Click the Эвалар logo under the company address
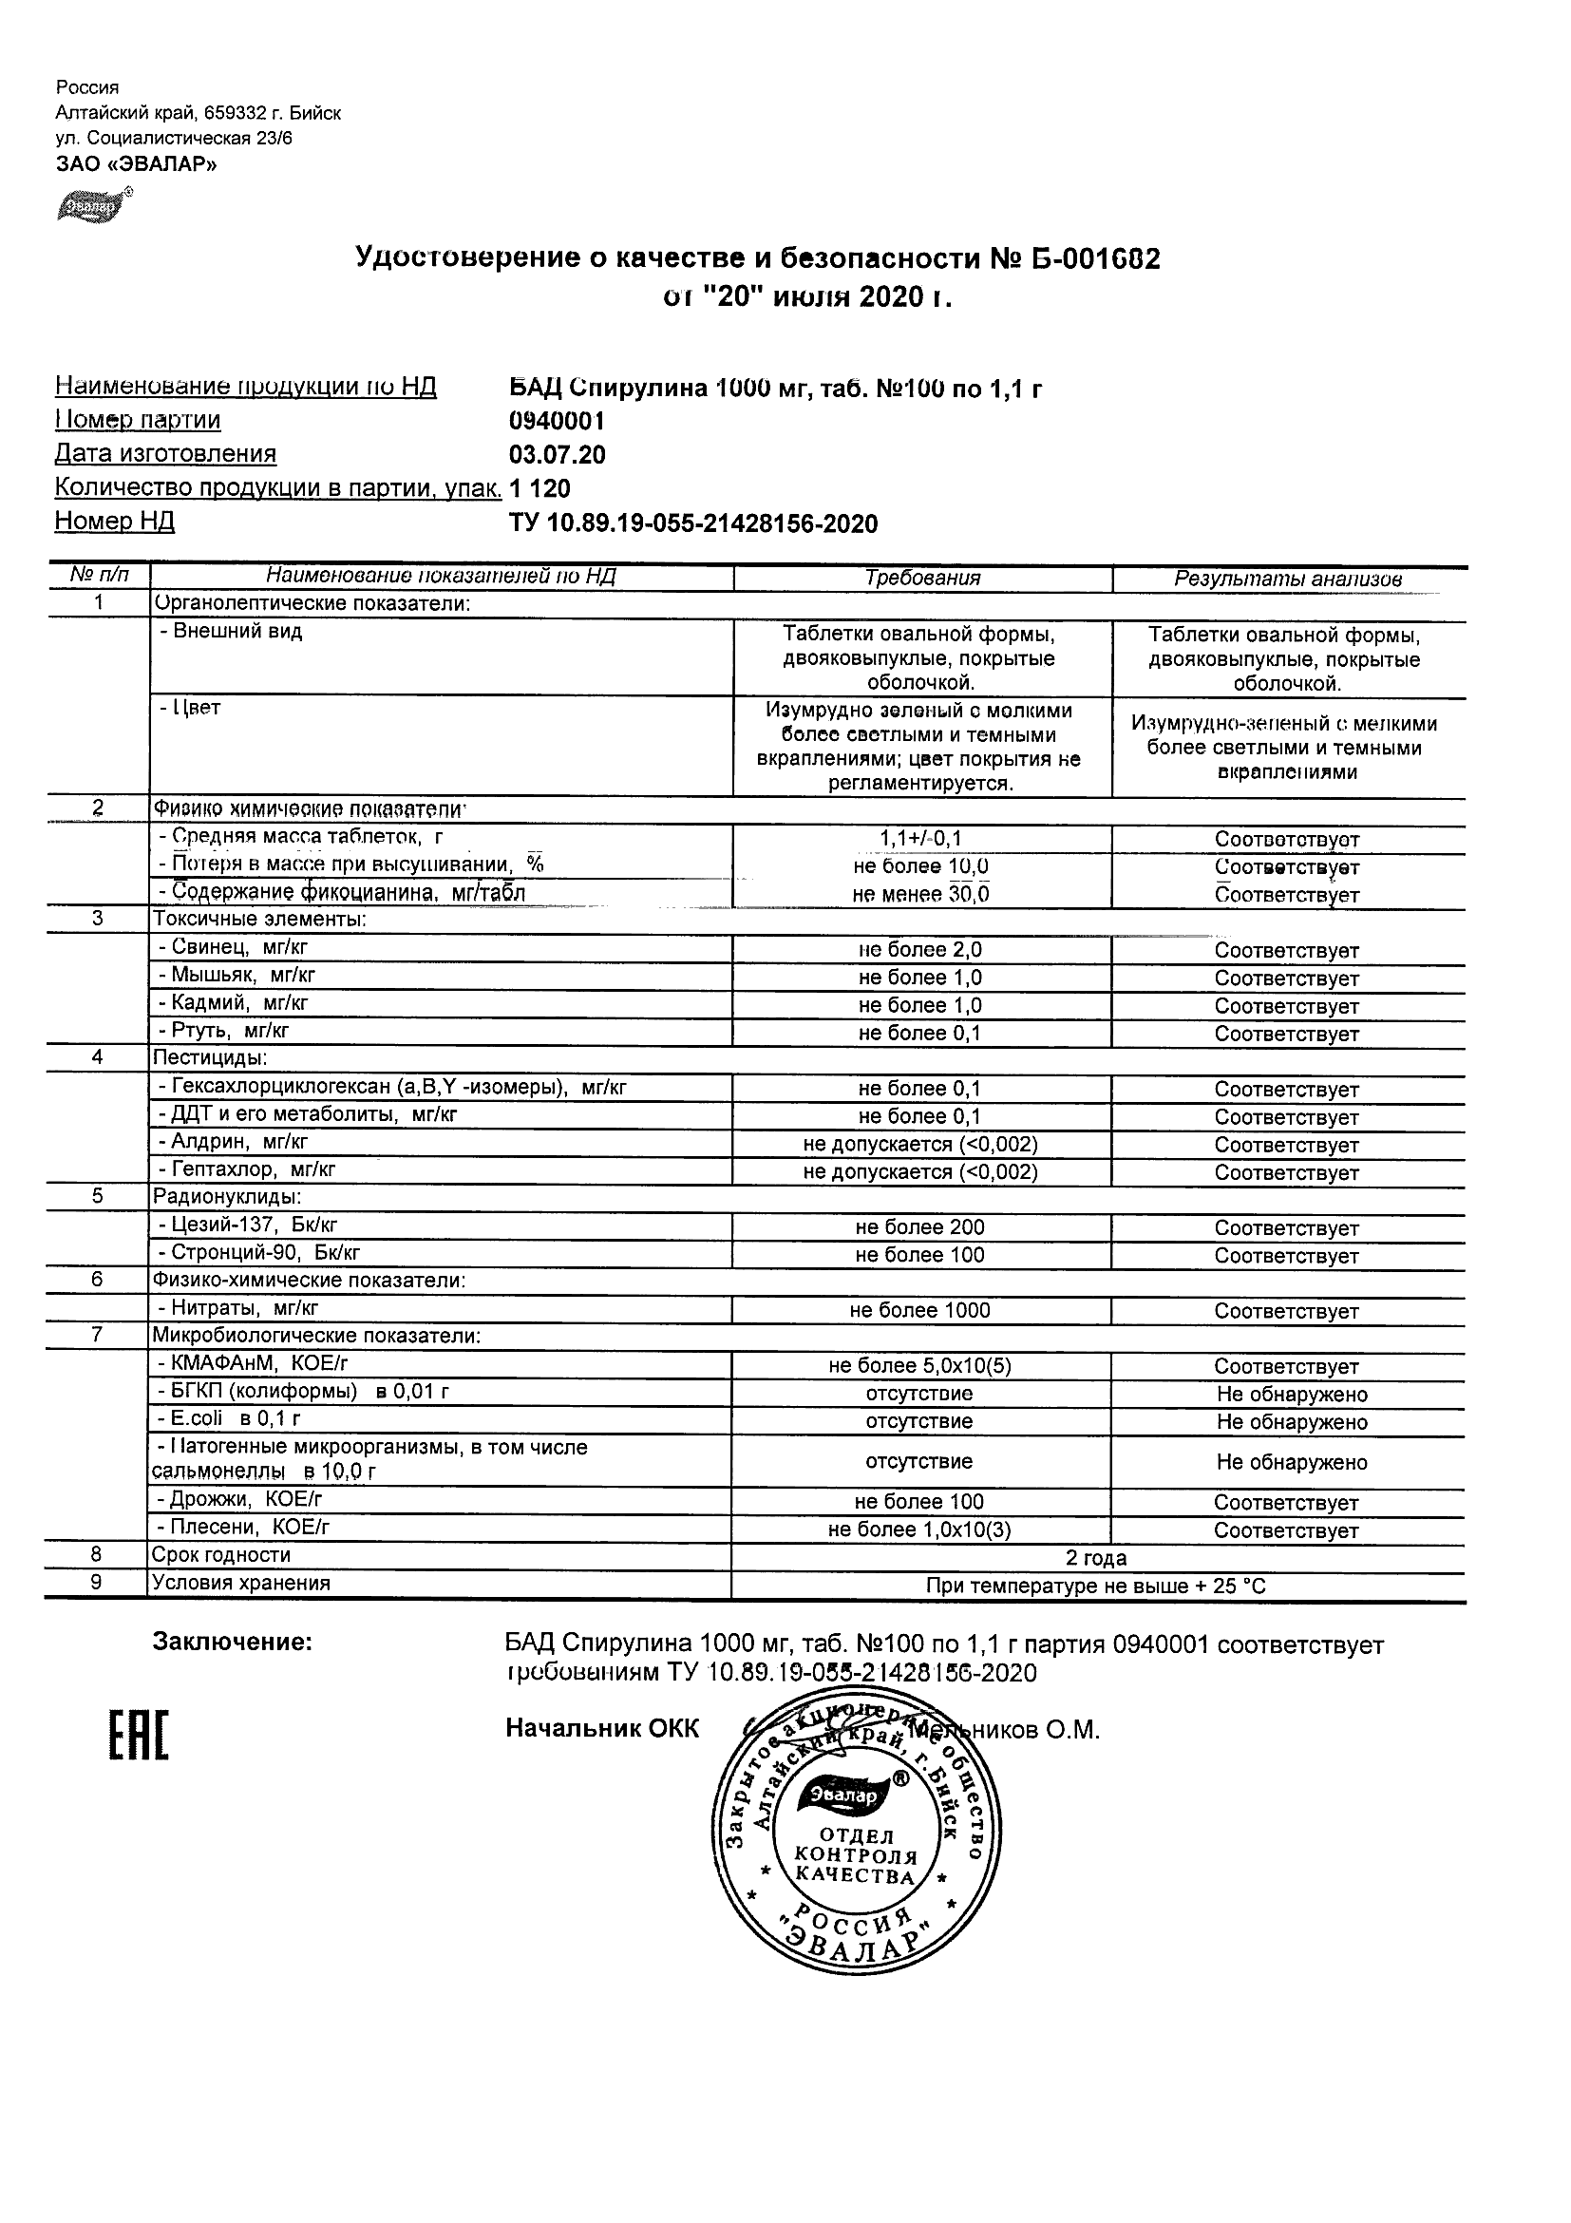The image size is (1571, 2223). tap(91, 205)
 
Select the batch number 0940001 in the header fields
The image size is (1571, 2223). tap(557, 420)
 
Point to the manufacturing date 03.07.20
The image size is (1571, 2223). tap(557, 454)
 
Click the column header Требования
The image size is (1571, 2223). tap(921, 578)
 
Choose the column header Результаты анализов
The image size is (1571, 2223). tap(1287, 579)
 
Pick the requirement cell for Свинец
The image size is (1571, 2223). tap(919, 950)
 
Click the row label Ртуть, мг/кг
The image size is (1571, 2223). tap(223, 1031)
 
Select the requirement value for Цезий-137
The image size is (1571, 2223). tap(919, 1227)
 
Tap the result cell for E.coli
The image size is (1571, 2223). tap(1291, 1422)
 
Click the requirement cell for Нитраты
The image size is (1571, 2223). tap(919, 1311)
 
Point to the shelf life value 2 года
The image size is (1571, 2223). tap(1096, 1558)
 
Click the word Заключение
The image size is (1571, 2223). tap(233, 1643)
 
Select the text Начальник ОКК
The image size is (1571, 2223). tap(601, 1729)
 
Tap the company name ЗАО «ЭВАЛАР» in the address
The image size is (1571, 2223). tap(137, 163)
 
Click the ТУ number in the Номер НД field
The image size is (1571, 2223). tap(693, 523)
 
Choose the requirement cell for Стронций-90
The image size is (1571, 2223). tap(919, 1255)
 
